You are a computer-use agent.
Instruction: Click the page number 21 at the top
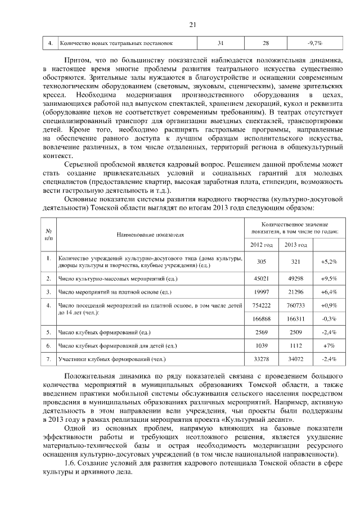click(x=192, y=24)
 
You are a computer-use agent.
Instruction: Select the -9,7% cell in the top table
click(x=314, y=43)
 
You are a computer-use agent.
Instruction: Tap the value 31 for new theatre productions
click(x=220, y=43)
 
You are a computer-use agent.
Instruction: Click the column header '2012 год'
click(x=261, y=245)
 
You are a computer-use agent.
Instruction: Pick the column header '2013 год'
click(x=295, y=245)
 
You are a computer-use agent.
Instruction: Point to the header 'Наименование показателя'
click(x=150, y=233)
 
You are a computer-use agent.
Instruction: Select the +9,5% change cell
click(x=328, y=278)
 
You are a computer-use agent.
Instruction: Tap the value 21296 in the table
click(x=295, y=292)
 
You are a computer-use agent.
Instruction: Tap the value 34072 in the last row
click(x=295, y=359)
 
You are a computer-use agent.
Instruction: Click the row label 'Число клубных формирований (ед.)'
click(x=104, y=332)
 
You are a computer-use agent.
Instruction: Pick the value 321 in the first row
click(x=295, y=262)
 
